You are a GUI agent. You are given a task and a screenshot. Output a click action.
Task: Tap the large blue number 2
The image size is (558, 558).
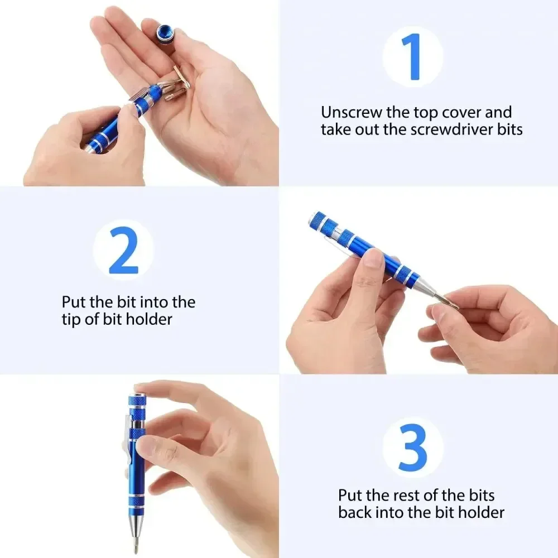click(123, 250)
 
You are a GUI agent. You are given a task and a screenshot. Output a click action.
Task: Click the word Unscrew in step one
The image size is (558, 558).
click(352, 113)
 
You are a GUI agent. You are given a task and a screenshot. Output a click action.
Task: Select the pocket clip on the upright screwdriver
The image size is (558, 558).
click(129, 441)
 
